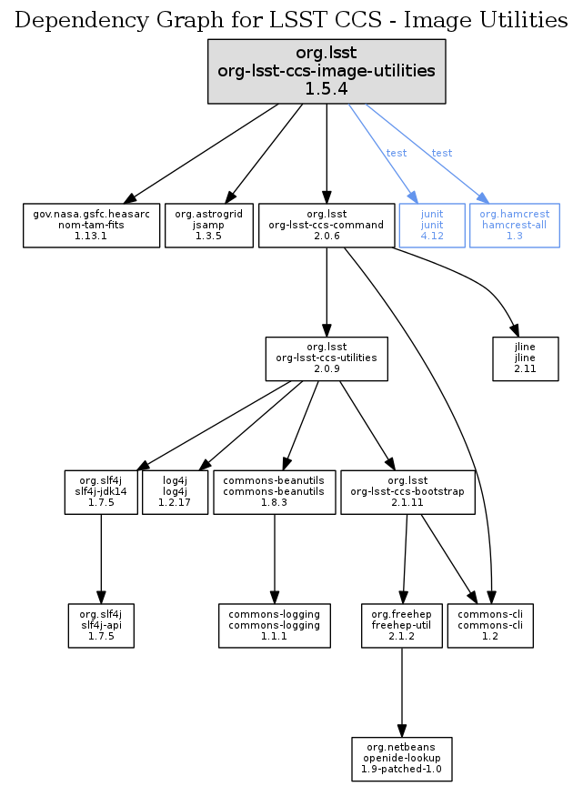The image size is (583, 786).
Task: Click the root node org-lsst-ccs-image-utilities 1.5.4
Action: pyautogui.click(x=327, y=71)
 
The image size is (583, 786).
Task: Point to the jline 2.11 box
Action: pyautogui.click(x=525, y=358)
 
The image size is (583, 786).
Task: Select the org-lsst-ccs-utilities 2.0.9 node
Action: pyautogui.click(x=327, y=358)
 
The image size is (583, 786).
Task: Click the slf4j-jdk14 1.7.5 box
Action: pyautogui.click(x=100, y=492)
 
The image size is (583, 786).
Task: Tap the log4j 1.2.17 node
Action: pyautogui.click(x=176, y=492)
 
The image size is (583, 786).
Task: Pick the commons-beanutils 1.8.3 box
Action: pyautogui.click(x=274, y=492)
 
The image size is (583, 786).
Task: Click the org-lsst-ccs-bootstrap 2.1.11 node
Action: pyautogui.click(x=407, y=492)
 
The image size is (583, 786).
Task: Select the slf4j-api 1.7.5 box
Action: pyautogui.click(x=101, y=626)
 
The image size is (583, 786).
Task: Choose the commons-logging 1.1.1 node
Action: pyautogui.click(x=274, y=626)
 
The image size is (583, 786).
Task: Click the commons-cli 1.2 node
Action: pyautogui.click(x=490, y=626)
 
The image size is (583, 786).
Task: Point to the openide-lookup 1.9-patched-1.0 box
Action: pyautogui.click(x=401, y=759)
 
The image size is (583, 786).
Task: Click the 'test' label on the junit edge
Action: pyautogui.click(x=397, y=153)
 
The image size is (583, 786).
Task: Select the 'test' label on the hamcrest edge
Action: pyautogui.click(x=442, y=153)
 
